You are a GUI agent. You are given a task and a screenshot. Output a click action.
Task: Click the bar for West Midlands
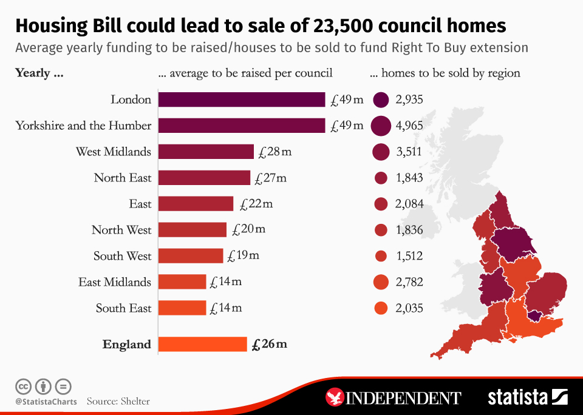click(x=206, y=152)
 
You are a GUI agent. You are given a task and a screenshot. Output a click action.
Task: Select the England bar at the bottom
click(x=202, y=344)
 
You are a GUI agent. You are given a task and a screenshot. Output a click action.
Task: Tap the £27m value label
click(x=270, y=178)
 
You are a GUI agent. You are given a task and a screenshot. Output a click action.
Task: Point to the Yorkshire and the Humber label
click(x=83, y=126)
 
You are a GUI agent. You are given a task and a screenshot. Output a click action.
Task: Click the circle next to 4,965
click(x=381, y=126)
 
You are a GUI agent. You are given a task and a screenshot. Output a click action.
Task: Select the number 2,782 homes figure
click(x=409, y=282)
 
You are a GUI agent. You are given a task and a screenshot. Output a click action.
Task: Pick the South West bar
click(x=190, y=256)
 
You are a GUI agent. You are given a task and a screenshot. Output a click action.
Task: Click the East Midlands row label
click(x=114, y=282)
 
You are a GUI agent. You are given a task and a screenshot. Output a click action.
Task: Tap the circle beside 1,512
click(x=381, y=256)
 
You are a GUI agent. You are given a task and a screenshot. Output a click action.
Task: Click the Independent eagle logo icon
click(x=335, y=397)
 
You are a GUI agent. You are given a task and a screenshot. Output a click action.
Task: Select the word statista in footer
click(x=518, y=397)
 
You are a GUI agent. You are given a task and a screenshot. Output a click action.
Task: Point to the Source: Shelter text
click(x=118, y=401)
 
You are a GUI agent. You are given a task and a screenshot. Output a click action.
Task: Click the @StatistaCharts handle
click(x=46, y=401)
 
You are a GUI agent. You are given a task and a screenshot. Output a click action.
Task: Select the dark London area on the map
click(x=536, y=314)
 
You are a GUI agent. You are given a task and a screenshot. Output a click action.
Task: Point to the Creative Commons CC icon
click(x=23, y=386)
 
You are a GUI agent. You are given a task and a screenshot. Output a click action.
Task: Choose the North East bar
click(x=204, y=178)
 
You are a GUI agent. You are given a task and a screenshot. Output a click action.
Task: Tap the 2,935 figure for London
click(x=409, y=100)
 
